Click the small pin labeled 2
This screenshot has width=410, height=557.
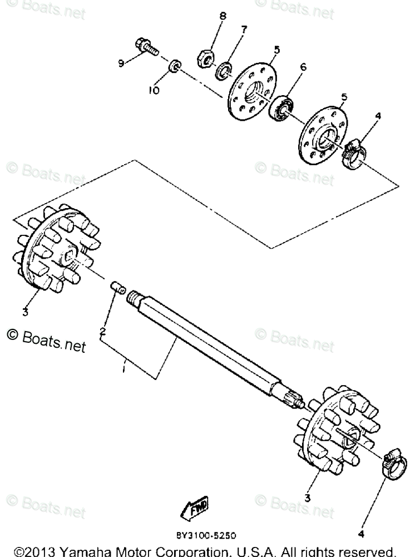pyautogui.click(x=117, y=289)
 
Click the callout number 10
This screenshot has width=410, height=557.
pyautogui.click(x=154, y=90)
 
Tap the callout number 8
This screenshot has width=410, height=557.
pyautogui.click(x=223, y=16)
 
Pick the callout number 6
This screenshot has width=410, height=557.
pyautogui.click(x=303, y=67)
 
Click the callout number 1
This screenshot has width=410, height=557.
pyautogui.click(x=125, y=368)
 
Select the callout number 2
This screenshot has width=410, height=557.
pyautogui.click(x=102, y=332)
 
